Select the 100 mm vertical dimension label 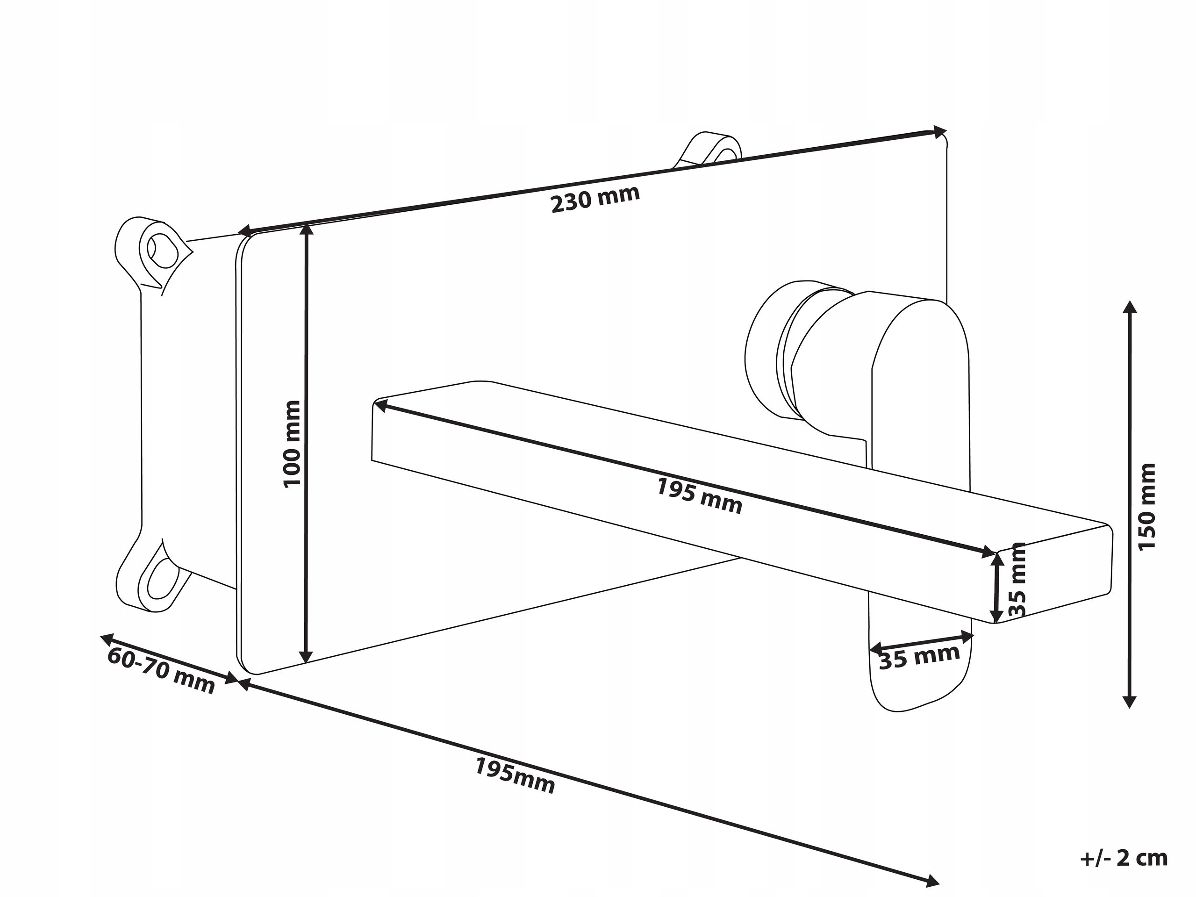tap(292, 444)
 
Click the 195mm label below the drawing tap(515, 776)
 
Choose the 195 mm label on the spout tap(699, 496)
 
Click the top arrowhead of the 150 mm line tap(1129, 307)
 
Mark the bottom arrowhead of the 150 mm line tap(1129, 702)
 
